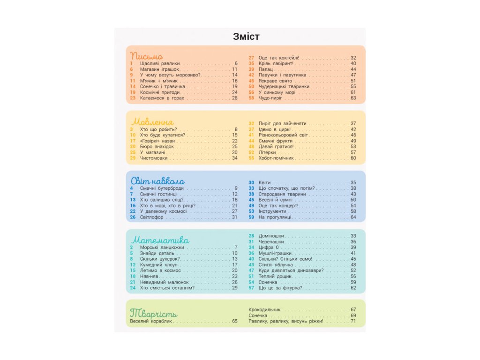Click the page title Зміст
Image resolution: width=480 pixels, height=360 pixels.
click(x=246, y=37)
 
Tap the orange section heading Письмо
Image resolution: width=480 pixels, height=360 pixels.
click(x=146, y=56)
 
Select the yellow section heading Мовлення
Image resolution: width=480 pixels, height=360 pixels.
click(x=152, y=122)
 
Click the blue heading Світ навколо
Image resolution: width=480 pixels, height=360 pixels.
click(x=157, y=180)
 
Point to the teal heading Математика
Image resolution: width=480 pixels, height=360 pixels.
click(x=160, y=240)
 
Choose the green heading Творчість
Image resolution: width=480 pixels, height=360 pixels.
click(x=154, y=313)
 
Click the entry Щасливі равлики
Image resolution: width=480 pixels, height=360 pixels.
click(x=160, y=63)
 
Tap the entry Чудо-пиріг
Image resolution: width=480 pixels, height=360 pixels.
click(x=270, y=98)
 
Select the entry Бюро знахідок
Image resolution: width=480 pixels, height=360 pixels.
click(x=157, y=147)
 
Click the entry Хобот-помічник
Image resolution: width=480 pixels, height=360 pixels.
click(x=276, y=158)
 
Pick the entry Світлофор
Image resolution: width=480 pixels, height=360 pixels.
click(x=151, y=217)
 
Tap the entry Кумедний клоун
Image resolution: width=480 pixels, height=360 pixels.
click(x=158, y=265)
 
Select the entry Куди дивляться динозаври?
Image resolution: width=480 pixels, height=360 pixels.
click(x=291, y=270)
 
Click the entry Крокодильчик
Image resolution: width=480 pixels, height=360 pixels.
click(x=264, y=309)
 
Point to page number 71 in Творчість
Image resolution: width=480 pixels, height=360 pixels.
click(x=353, y=321)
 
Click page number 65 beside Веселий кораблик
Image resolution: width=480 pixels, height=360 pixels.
click(x=235, y=321)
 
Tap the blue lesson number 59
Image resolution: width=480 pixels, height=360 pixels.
click(x=251, y=217)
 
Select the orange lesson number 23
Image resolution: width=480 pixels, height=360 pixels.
click(x=133, y=98)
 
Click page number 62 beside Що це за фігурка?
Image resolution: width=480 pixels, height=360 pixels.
click(x=353, y=288)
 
